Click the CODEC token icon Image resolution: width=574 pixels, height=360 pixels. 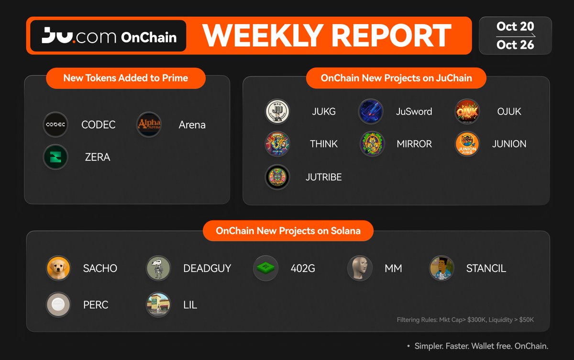coord(55,124)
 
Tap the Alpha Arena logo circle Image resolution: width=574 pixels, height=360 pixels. coord(149,124)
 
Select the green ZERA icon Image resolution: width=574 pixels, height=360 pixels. coord(55,157)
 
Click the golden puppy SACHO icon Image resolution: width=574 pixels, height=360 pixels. coord(58,268)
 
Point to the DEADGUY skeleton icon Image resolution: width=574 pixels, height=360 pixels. coord(158,268)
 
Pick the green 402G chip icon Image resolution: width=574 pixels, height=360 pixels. coord(266,268)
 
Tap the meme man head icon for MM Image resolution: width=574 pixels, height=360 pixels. coord(360,268)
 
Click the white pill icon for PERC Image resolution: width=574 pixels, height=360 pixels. coord(58,304)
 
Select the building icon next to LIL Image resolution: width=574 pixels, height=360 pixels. coord(158,304)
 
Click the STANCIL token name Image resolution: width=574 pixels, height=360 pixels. coord(486,269)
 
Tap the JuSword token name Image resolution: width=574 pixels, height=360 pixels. coord(414,112)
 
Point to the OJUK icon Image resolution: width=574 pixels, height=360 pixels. coord(467,112)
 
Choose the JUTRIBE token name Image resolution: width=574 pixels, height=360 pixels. coord(324,177)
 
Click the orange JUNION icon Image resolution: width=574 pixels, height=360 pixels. coord(467,144)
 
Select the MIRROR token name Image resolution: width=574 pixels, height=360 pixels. coord(414,144)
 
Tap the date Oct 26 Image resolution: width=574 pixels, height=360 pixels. coord(515,45)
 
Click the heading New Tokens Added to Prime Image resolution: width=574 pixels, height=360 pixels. coord(125,78)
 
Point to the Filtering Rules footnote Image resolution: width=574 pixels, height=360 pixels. coord(465,320)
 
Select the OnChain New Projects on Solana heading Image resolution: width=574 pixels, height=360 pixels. coord(288,231)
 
